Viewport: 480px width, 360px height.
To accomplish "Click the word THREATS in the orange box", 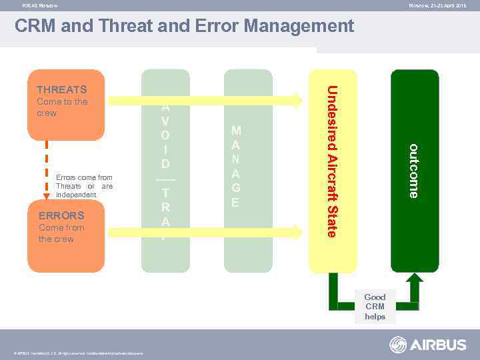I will coord(62,89).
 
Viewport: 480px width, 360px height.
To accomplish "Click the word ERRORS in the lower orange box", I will coord(61,215).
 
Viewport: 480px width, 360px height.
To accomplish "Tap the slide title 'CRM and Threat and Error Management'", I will coord(184,26).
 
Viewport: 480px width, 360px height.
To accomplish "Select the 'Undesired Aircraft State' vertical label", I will coord(332,161).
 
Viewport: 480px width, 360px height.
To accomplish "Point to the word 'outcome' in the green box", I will coord(414,171).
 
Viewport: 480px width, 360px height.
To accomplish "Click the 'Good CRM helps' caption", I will coord(375,307).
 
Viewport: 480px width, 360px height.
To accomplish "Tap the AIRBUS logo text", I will coord(438,345).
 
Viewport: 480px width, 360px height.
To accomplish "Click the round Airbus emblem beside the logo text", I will coord(398,345).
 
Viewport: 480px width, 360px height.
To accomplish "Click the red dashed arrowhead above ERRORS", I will coord(47,197).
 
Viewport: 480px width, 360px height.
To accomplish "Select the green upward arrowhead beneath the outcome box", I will coord(414,281).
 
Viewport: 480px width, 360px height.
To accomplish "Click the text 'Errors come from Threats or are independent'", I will coord(84,186).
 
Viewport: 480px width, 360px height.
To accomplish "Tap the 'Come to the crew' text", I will coord(62,107).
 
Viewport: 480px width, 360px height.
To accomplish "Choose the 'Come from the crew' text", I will coord(61,233).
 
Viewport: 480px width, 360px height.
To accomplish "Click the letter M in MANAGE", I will coord(235,131).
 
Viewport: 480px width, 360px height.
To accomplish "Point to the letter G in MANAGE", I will coord(235,188).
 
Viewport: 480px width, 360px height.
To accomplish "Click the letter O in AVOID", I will coord(165,135).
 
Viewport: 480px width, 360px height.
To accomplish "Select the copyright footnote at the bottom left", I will coord(79,353).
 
